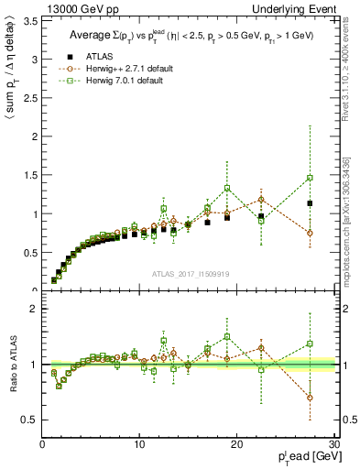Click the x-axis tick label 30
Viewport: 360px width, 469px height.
[x=334, y=444]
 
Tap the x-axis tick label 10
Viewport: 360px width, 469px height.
[x=139, y=444]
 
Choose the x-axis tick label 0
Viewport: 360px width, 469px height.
[x=42, y=444]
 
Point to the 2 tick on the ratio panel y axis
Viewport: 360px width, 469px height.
[x=34, y=309]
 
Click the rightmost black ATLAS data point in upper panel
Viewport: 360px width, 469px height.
[x=310, y=203]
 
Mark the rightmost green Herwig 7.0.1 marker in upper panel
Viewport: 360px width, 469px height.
[x=310, y=178]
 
